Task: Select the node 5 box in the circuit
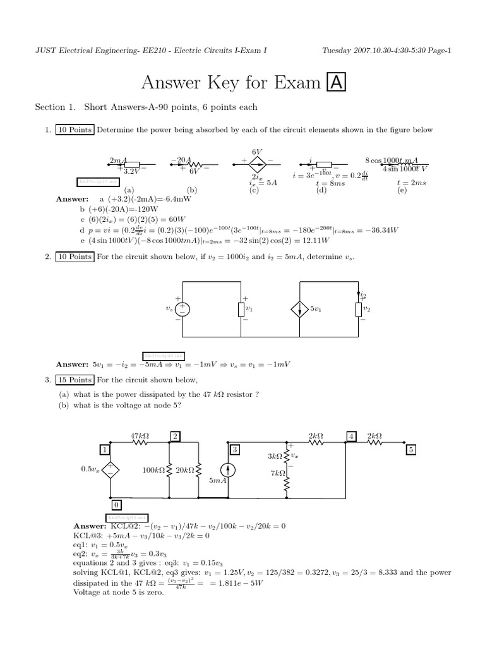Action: click(x=411, y=450)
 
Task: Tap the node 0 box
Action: click(x=117, y=505)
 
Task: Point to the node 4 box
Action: click(x=351, y=436)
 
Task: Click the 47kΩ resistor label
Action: click(x=140, y=436)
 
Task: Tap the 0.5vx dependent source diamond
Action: click(x=110, y=469)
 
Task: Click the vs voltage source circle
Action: click(x=183, y=309)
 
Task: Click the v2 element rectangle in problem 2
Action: click(x=357, y=309)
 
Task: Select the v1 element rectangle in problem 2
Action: click(x=241, y=309)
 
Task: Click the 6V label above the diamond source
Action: click(x=256, y=152)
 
